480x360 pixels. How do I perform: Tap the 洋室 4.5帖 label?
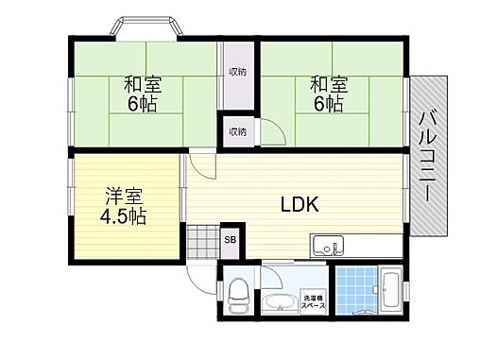[125, 206]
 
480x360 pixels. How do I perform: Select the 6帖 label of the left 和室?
[144, 104]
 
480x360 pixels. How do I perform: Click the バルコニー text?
[426, 156]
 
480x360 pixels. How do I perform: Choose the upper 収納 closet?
[237, 72]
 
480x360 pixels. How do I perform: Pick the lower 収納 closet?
[237, 129]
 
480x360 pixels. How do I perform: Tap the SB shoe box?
[230, 239]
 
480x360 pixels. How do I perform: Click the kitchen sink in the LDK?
[328, 247]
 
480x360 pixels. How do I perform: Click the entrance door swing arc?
[201, 275]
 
